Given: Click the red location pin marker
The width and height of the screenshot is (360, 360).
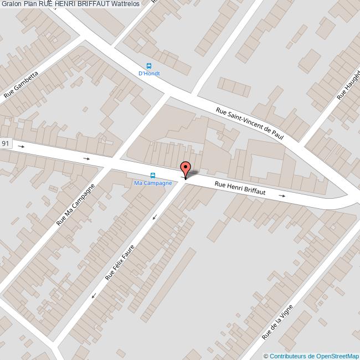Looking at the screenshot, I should click(185, 168).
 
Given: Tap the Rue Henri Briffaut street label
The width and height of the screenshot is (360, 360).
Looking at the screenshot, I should click(240, 189).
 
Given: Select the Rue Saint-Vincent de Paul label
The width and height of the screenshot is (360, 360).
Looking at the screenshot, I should click(249, 124).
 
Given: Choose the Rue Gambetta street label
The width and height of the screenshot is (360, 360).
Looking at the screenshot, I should click(21, 84).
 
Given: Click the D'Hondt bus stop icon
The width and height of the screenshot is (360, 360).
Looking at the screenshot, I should click(148, 65).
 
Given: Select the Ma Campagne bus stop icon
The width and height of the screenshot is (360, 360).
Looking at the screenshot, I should click(153, 176).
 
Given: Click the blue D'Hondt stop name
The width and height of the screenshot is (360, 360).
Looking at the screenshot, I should click(148, 73).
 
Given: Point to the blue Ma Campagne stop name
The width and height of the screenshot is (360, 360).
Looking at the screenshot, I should click(153, 183).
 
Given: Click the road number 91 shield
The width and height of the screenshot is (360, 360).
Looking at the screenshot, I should click(6, 143).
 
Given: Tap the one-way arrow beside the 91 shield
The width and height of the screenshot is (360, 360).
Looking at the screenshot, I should click(21, 147).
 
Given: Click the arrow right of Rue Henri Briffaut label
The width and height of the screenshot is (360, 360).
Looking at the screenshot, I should click(282, 196).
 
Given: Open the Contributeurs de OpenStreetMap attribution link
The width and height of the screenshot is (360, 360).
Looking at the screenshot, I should click(313, 356).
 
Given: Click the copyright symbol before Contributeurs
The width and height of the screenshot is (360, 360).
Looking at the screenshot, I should click(266, 356).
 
